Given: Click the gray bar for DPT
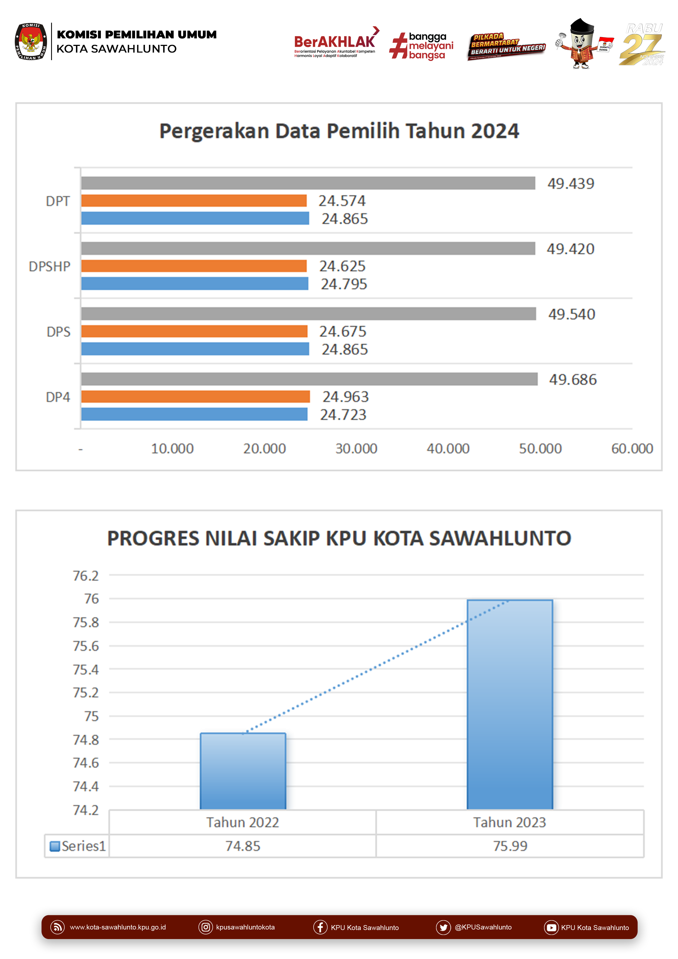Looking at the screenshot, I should [x=308, y=183].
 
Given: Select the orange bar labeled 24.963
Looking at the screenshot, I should [x=195, y=396].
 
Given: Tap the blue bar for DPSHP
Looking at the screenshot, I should [x=195, y=283].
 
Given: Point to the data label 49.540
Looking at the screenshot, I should [x=571, y=314].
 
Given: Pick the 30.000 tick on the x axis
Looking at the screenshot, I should [x=356, y=449].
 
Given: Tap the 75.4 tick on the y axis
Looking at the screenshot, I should [x=86, y=669].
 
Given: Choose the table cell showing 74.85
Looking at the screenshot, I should [x=243, y=846].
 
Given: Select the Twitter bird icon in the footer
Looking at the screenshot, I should [x=443, y=927].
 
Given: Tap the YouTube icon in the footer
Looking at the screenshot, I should [x=551, y=927].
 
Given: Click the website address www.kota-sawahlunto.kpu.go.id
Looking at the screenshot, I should [x=118, y=927].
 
